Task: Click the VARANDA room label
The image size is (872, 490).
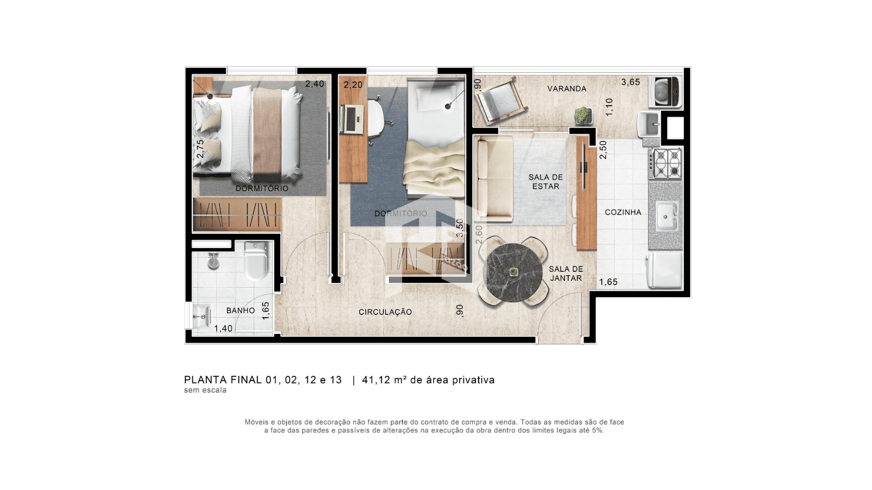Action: (x=566, y=89)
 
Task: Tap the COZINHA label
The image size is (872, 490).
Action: (x=623, y=212)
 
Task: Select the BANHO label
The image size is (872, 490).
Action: (x=240, y=311)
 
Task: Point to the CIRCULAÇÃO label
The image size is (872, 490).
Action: (x=385, y=312)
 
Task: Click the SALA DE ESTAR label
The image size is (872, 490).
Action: (x=545, y=182)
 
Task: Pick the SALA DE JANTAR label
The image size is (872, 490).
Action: (x=566, y=274)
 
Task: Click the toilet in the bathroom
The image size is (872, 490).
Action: (x=256, y=261)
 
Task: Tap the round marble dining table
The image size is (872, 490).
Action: (x=513, y=273)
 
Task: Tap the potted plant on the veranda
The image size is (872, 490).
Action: (x=583, y=115)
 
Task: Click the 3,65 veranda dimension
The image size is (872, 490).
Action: (x=630, y=82)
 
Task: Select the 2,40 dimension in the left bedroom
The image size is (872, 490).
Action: (x=314, y=84)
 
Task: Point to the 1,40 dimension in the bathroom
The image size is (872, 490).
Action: (x=223, y=328)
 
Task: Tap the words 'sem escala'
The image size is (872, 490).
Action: (x=205, y=390)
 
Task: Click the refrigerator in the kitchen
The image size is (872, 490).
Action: (x=665, y=270)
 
